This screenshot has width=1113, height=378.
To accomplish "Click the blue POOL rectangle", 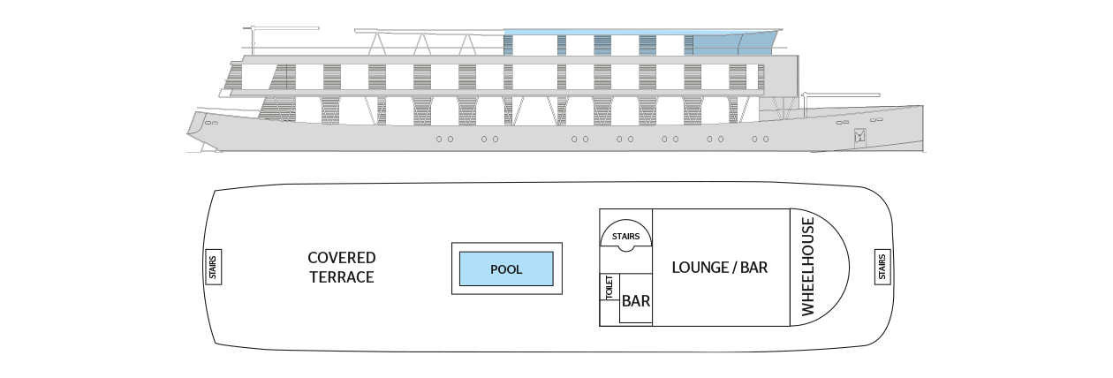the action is pos(506,268).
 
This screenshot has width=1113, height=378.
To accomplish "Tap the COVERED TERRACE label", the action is pos(341,268).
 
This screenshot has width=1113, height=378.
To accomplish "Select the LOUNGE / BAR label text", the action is pos(719,268).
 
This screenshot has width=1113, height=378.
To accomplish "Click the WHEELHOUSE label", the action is pos(808,267).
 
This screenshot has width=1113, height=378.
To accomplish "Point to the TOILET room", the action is pos(609,287).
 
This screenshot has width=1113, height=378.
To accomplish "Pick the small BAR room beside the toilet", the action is pos(636,299).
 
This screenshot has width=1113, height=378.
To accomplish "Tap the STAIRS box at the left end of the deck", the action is pos(213,268).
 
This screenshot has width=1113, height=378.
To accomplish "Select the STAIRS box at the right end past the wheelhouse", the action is pos(882,268).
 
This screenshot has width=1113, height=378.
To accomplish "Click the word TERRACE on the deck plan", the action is pos(342,276).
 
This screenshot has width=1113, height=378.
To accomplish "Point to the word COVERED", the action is pos(341,257).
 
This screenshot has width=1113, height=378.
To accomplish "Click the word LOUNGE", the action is pos(696,268).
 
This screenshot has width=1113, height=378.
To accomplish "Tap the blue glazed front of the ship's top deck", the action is pos(733,44).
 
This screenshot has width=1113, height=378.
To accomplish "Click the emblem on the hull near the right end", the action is pos(860,137).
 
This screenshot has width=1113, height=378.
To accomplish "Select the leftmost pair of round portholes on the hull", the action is pos(444,139).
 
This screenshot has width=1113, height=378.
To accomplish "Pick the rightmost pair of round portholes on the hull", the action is pos(761,139).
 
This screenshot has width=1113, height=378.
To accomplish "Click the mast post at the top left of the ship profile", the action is pos(253,41).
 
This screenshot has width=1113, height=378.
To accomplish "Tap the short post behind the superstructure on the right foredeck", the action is pos(804,104).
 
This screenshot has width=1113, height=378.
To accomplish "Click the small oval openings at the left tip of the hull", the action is pos(211,122).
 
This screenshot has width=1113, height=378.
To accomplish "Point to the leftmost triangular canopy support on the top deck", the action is pos(377,43).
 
